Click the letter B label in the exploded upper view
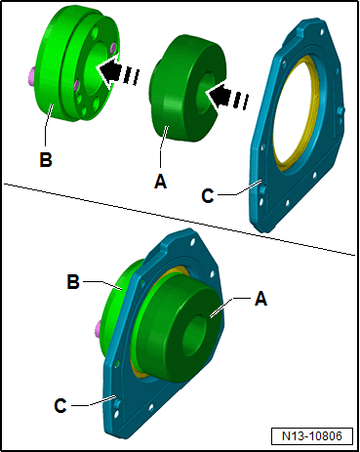pos(46,160)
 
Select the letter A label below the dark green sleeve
pos(161,182)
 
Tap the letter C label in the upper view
pos(208,195)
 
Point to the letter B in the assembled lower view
pos(73,281)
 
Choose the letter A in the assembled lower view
pos(261,298)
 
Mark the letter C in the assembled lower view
pos(60,406)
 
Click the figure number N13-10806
pos(312,436)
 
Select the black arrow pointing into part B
pos(118,70)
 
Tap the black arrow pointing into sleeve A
pos(226,96)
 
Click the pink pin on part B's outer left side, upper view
pos(31,75)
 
